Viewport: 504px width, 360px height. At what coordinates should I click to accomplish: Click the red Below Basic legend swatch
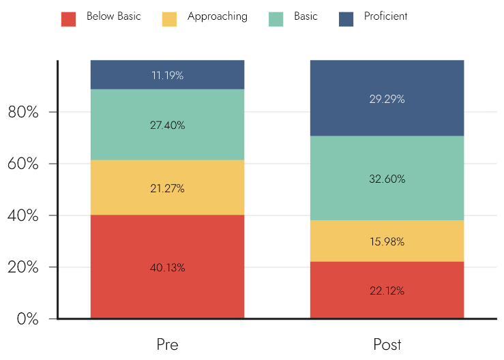click(68, 19)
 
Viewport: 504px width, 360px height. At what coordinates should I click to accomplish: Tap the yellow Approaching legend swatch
click(169, 19)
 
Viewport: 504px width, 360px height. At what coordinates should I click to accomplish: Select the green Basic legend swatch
click(276, 19)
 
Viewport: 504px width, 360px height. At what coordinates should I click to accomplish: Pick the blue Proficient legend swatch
click(346, 19)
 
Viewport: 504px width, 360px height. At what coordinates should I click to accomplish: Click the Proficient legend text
click(386, 16)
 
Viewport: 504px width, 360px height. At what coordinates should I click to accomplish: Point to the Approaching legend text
click(218, 17)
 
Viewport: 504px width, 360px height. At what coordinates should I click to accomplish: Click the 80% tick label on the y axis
click(23, 112)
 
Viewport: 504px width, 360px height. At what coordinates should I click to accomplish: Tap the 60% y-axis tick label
click(23, 164)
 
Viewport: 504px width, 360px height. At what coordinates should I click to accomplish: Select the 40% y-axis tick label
click(23, 215)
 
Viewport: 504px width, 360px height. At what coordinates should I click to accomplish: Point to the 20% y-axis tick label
click(23, 267)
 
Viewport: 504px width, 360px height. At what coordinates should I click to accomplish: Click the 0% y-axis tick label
click(28, 319)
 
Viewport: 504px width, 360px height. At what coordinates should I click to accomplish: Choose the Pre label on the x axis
click(168, 344)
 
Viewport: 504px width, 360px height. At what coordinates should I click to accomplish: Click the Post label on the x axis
click(387, 344)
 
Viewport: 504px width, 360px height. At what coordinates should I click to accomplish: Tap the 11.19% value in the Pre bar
click(168, 75)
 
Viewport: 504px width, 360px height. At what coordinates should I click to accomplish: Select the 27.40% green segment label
click(168, 125)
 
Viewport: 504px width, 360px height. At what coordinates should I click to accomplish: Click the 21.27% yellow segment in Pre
click(168, 187)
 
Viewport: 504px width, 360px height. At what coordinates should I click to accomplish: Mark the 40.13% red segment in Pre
click(168, 267)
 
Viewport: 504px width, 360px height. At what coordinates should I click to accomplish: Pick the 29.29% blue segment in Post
click(387, 98)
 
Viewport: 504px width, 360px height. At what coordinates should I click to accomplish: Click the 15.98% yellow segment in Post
click(387, 241)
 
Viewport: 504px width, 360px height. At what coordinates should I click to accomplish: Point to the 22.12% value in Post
click(387, 291)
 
